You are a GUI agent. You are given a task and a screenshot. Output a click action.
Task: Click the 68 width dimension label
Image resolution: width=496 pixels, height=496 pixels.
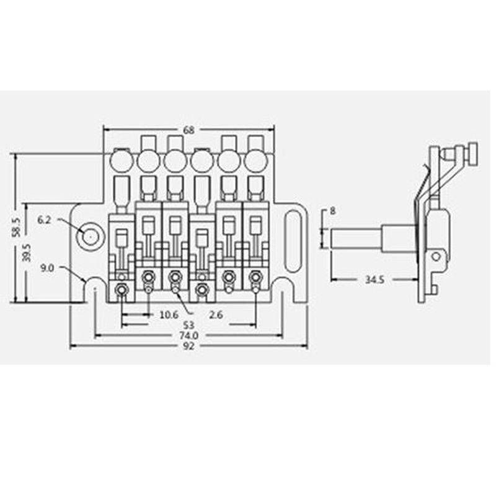tap(189, 130)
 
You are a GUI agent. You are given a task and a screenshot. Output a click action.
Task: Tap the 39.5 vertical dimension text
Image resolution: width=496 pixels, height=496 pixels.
tap(27, 252)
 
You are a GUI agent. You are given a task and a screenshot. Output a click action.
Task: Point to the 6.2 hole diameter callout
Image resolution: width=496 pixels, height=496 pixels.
tap(44, 219)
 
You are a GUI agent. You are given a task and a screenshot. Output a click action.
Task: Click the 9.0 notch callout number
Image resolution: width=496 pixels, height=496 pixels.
tap(48, 268)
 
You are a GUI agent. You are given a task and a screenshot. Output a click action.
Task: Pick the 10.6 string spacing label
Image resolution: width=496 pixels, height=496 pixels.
tap(169, 315)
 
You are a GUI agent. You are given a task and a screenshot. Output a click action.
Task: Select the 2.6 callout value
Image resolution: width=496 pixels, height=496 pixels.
tap(216, 315)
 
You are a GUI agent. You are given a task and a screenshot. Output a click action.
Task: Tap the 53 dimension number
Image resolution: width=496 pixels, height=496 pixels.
tap(189, 325)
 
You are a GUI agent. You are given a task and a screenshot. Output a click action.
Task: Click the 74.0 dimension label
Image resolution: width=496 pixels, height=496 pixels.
tap(189, 335)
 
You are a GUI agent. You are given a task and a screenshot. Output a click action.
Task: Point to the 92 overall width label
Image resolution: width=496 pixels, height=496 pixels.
tap(189, 346)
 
